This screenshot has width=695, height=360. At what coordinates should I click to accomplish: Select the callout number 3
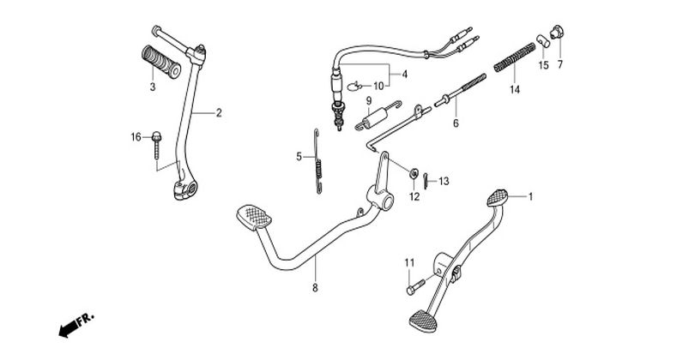pos(151,87)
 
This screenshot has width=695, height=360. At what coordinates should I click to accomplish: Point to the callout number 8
pos(315,288)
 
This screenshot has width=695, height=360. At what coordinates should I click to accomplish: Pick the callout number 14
pos(515,89)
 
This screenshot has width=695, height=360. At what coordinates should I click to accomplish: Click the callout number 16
pos(136,137)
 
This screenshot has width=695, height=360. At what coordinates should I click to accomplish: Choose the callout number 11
pos(409,261)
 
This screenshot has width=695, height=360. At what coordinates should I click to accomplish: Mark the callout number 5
pos(299,157)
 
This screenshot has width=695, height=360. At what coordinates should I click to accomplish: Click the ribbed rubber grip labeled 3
pos(156,64)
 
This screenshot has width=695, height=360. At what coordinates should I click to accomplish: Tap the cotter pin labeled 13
pos(427,179)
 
